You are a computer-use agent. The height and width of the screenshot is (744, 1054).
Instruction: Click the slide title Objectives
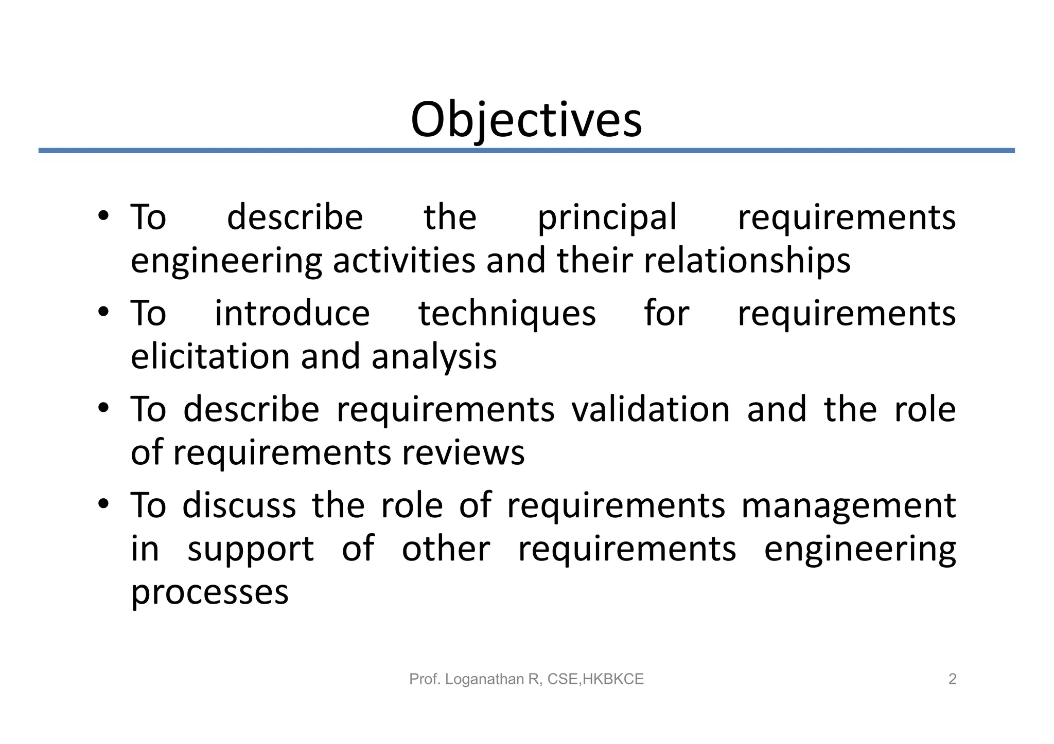[x=526, y=120]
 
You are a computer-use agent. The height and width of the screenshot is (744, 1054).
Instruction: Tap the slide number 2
[x=952, y=679]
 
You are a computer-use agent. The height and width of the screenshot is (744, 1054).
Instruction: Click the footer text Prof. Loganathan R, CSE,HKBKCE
[x=526, y=679]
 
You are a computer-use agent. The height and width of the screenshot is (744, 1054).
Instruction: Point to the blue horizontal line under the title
[x=526, y=151]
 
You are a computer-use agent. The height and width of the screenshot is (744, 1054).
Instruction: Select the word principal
[x=607, y=219]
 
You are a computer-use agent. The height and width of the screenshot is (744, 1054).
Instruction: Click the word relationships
[x=747, y=261]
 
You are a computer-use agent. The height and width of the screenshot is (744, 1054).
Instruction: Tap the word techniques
[x=507, y=314]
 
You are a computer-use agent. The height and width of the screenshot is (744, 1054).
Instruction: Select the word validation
[x=651, y=409]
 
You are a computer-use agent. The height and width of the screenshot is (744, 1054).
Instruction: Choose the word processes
[x=209, y=593]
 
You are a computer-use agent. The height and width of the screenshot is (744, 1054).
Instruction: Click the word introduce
[x=292, y=314]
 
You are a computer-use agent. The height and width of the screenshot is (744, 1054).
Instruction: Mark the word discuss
[x=239, y=505]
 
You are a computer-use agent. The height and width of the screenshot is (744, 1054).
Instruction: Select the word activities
[x=404, y=261]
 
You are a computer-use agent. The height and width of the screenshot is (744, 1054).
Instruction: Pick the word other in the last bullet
[x=446, y=549]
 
